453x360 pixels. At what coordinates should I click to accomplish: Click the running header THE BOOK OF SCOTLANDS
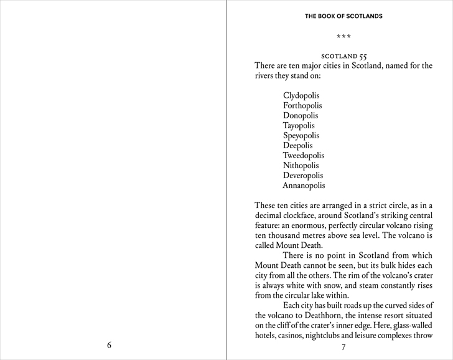(343, 16)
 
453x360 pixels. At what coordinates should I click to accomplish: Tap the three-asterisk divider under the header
(343, 38)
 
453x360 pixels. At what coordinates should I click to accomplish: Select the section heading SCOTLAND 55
(343, 56)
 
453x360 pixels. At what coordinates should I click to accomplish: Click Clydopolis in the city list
(301, 96)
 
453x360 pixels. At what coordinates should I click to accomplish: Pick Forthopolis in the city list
(302, 106)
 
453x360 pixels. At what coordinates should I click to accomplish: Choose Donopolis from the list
(301, 116)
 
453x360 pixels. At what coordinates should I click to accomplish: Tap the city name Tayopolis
(299, 126)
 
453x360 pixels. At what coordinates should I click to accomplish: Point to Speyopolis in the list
(301, 136)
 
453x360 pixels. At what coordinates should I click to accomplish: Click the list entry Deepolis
(298, 146)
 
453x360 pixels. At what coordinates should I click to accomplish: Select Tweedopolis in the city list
(304, 156)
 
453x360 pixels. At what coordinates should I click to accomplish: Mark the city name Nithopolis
(301, 166)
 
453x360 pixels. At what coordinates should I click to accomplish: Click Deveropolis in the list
(303, 176)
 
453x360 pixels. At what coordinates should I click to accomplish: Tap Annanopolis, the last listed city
(304, 186)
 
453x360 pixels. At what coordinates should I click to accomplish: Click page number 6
(110, 345)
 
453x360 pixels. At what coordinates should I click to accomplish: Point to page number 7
(343, 346)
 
